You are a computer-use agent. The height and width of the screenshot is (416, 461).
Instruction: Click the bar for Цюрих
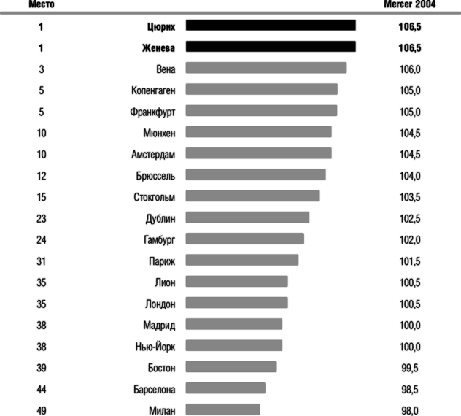point(271,26)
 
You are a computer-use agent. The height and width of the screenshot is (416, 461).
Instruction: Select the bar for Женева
point(271,47)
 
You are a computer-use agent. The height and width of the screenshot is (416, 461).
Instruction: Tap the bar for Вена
point(266,68)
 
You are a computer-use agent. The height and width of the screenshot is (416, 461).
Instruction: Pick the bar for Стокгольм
point(252,196)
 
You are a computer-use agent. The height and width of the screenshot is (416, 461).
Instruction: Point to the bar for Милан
point(222,409)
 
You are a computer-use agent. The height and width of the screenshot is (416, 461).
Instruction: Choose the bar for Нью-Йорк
point(233,345)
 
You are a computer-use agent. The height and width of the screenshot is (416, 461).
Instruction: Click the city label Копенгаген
point(153,90)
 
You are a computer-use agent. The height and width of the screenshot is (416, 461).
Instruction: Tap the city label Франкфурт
point(152,112)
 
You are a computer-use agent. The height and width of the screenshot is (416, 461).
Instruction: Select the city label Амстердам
point(153,155)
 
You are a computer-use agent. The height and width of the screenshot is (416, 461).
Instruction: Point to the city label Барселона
point(154,389)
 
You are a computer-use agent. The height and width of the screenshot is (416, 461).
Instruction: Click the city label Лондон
point(160,304)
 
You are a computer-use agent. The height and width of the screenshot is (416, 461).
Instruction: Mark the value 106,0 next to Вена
point(410,69)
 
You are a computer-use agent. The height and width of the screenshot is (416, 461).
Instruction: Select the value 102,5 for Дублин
point(410,218)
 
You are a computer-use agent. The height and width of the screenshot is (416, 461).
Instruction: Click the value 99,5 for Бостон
point(410,368)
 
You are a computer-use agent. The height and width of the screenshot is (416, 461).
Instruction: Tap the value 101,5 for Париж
point(410,261)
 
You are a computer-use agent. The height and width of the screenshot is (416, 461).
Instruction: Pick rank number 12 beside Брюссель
point(41,176)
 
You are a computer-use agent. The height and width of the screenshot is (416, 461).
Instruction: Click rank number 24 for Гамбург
point(41,239)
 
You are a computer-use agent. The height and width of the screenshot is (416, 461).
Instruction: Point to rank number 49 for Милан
point(41,410)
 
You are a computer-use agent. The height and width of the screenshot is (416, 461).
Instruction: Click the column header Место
point(41,4)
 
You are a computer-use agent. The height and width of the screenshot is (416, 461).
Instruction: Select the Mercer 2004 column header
point(409,4)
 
